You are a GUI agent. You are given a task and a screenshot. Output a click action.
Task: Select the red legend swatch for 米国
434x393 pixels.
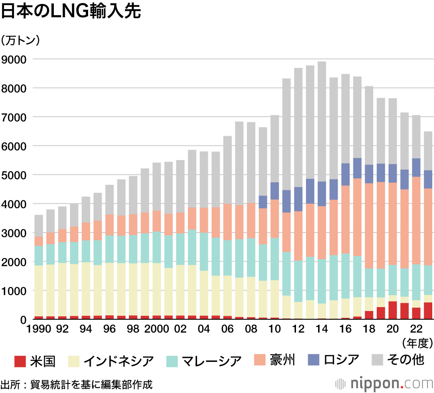pyautogui.click(x=21, y=360)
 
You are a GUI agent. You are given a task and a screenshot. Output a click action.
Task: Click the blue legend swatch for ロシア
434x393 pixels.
pyautogui.click(x=314, y=360)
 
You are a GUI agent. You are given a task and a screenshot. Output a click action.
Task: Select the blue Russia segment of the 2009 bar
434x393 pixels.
pyautogui.click(x=263, y=202)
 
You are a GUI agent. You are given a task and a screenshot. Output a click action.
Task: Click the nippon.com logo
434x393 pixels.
pyautogui.click(x=385, y=384)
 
